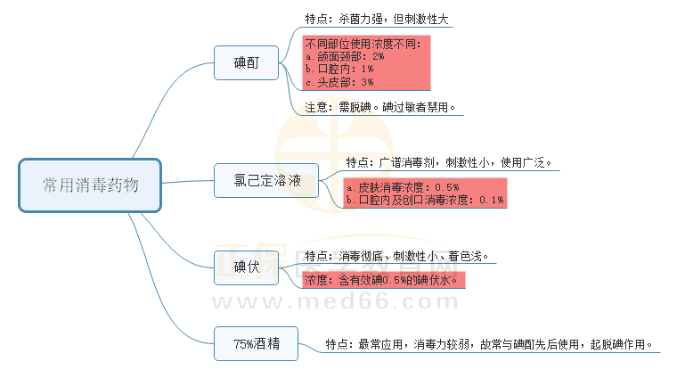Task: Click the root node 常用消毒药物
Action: coord(90,185)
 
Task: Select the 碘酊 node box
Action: coord(247,62)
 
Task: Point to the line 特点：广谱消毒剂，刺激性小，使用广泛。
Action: coord(449,162)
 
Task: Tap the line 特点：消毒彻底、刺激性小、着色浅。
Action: coord(397,257)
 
